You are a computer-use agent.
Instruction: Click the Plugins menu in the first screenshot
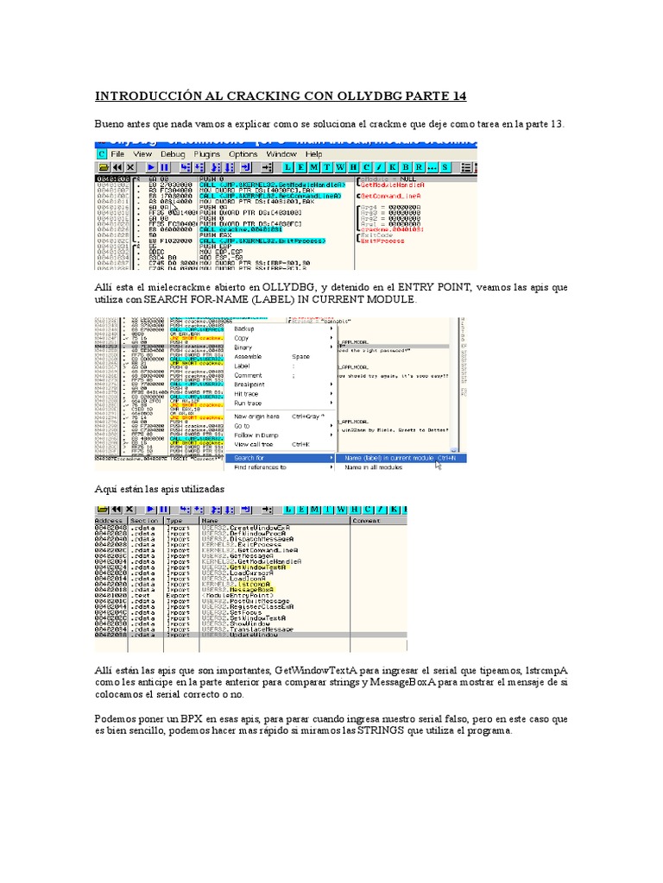[x=207, y=153]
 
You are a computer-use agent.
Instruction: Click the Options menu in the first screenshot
[x=243, y=153]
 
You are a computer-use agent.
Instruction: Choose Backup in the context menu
[x=245, y=329]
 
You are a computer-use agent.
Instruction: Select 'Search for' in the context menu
[x=249, y=457]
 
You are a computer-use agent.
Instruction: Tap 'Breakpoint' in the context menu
[x=249, y=385]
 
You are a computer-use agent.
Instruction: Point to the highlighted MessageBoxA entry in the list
[x=245, y=590]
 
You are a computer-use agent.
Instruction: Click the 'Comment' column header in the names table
[x=368, y=521]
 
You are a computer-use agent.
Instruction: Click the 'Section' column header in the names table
[x=143, y=521]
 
